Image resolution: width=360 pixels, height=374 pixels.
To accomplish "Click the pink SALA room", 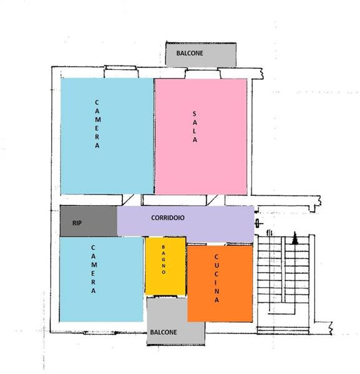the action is coord(201,137).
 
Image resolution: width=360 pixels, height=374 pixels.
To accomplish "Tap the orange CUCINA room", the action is coord(220,284).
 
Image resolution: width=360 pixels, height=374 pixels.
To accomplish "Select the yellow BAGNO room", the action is coord(165,266).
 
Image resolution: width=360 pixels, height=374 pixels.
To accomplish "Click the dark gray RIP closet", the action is coord(89,221).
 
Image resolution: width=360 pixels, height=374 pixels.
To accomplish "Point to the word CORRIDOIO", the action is coord(168,218).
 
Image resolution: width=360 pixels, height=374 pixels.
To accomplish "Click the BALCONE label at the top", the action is coord(190,53).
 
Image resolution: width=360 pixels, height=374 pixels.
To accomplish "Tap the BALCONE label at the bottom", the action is coord(163,332).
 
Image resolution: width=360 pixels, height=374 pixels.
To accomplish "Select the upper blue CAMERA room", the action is coord(107,136).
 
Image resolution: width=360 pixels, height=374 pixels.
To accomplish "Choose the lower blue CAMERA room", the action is coord(101,279).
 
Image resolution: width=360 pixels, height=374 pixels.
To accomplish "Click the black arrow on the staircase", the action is coord(295,238).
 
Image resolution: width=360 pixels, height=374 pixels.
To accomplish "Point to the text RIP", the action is coord(77,223).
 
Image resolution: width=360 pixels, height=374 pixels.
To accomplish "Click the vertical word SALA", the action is coord(195,127).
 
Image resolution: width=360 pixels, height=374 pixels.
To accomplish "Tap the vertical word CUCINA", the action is coord(216,279).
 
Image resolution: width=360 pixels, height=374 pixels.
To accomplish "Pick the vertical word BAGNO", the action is coord(163,259).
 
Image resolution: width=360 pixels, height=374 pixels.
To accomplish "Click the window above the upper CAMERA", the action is coord(121,72).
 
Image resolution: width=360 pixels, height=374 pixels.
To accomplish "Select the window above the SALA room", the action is coord(203,73).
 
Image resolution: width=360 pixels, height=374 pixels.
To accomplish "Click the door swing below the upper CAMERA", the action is coord(128,200).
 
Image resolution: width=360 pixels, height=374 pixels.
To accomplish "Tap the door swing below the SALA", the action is coord(212,200).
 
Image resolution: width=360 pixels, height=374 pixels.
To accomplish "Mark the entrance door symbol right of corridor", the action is coord(258,224).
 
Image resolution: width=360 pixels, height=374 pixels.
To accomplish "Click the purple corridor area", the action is coord(185,223).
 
